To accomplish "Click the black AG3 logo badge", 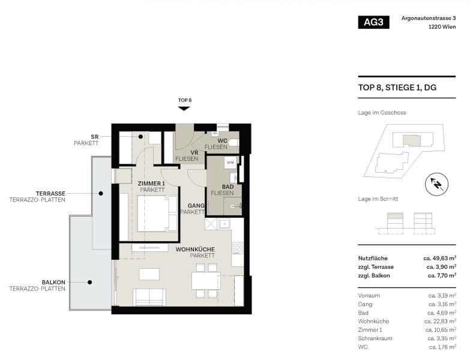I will [x=373, y=23].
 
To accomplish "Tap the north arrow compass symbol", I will [x=437, y=184].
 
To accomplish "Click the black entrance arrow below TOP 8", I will [x=184, y=109].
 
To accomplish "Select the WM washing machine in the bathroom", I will [x=230, y=163].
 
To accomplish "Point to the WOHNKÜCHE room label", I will [x=195, y=248].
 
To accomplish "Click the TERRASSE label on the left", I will [x=50, y=193].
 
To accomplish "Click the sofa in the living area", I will [x=149, y=296].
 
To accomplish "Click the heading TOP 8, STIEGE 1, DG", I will [x=396, y=88].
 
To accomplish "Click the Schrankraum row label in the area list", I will [x=375, y=338].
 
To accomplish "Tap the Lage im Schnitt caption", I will [x=378, y=199].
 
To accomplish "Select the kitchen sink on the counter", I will [x=224, y=224].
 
